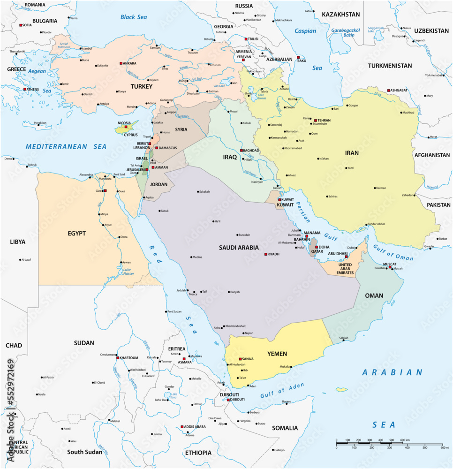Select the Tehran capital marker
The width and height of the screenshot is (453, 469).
[316, 120]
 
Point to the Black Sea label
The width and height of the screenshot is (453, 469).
[134, 17]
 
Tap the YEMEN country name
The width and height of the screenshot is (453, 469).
[277, 354]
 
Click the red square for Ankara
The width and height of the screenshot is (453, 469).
[121, 63]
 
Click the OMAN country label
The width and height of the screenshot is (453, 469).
[374, 295]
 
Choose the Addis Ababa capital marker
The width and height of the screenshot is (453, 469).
[182, 427]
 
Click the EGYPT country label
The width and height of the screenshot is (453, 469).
[76, 233]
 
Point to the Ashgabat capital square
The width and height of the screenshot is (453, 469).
[388, 91]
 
